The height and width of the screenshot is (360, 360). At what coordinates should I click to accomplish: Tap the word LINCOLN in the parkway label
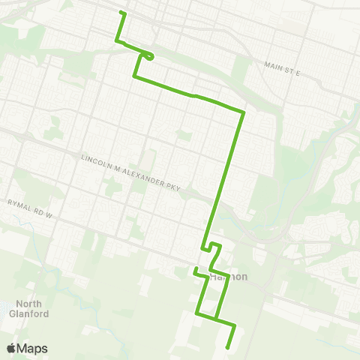pos(95,157)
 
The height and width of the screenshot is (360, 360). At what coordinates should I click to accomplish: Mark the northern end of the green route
pos(122,13)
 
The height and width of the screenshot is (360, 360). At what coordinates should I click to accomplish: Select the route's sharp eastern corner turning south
pos(243,112)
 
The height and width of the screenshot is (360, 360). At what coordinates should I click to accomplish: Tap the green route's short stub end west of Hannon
pos(195,268)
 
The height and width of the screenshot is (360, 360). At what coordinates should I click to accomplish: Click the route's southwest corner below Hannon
pos(198,313)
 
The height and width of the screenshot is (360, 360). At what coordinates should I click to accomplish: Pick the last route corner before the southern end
pos(235,326)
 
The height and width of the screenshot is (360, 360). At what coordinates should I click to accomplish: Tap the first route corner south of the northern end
pos(116,41)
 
